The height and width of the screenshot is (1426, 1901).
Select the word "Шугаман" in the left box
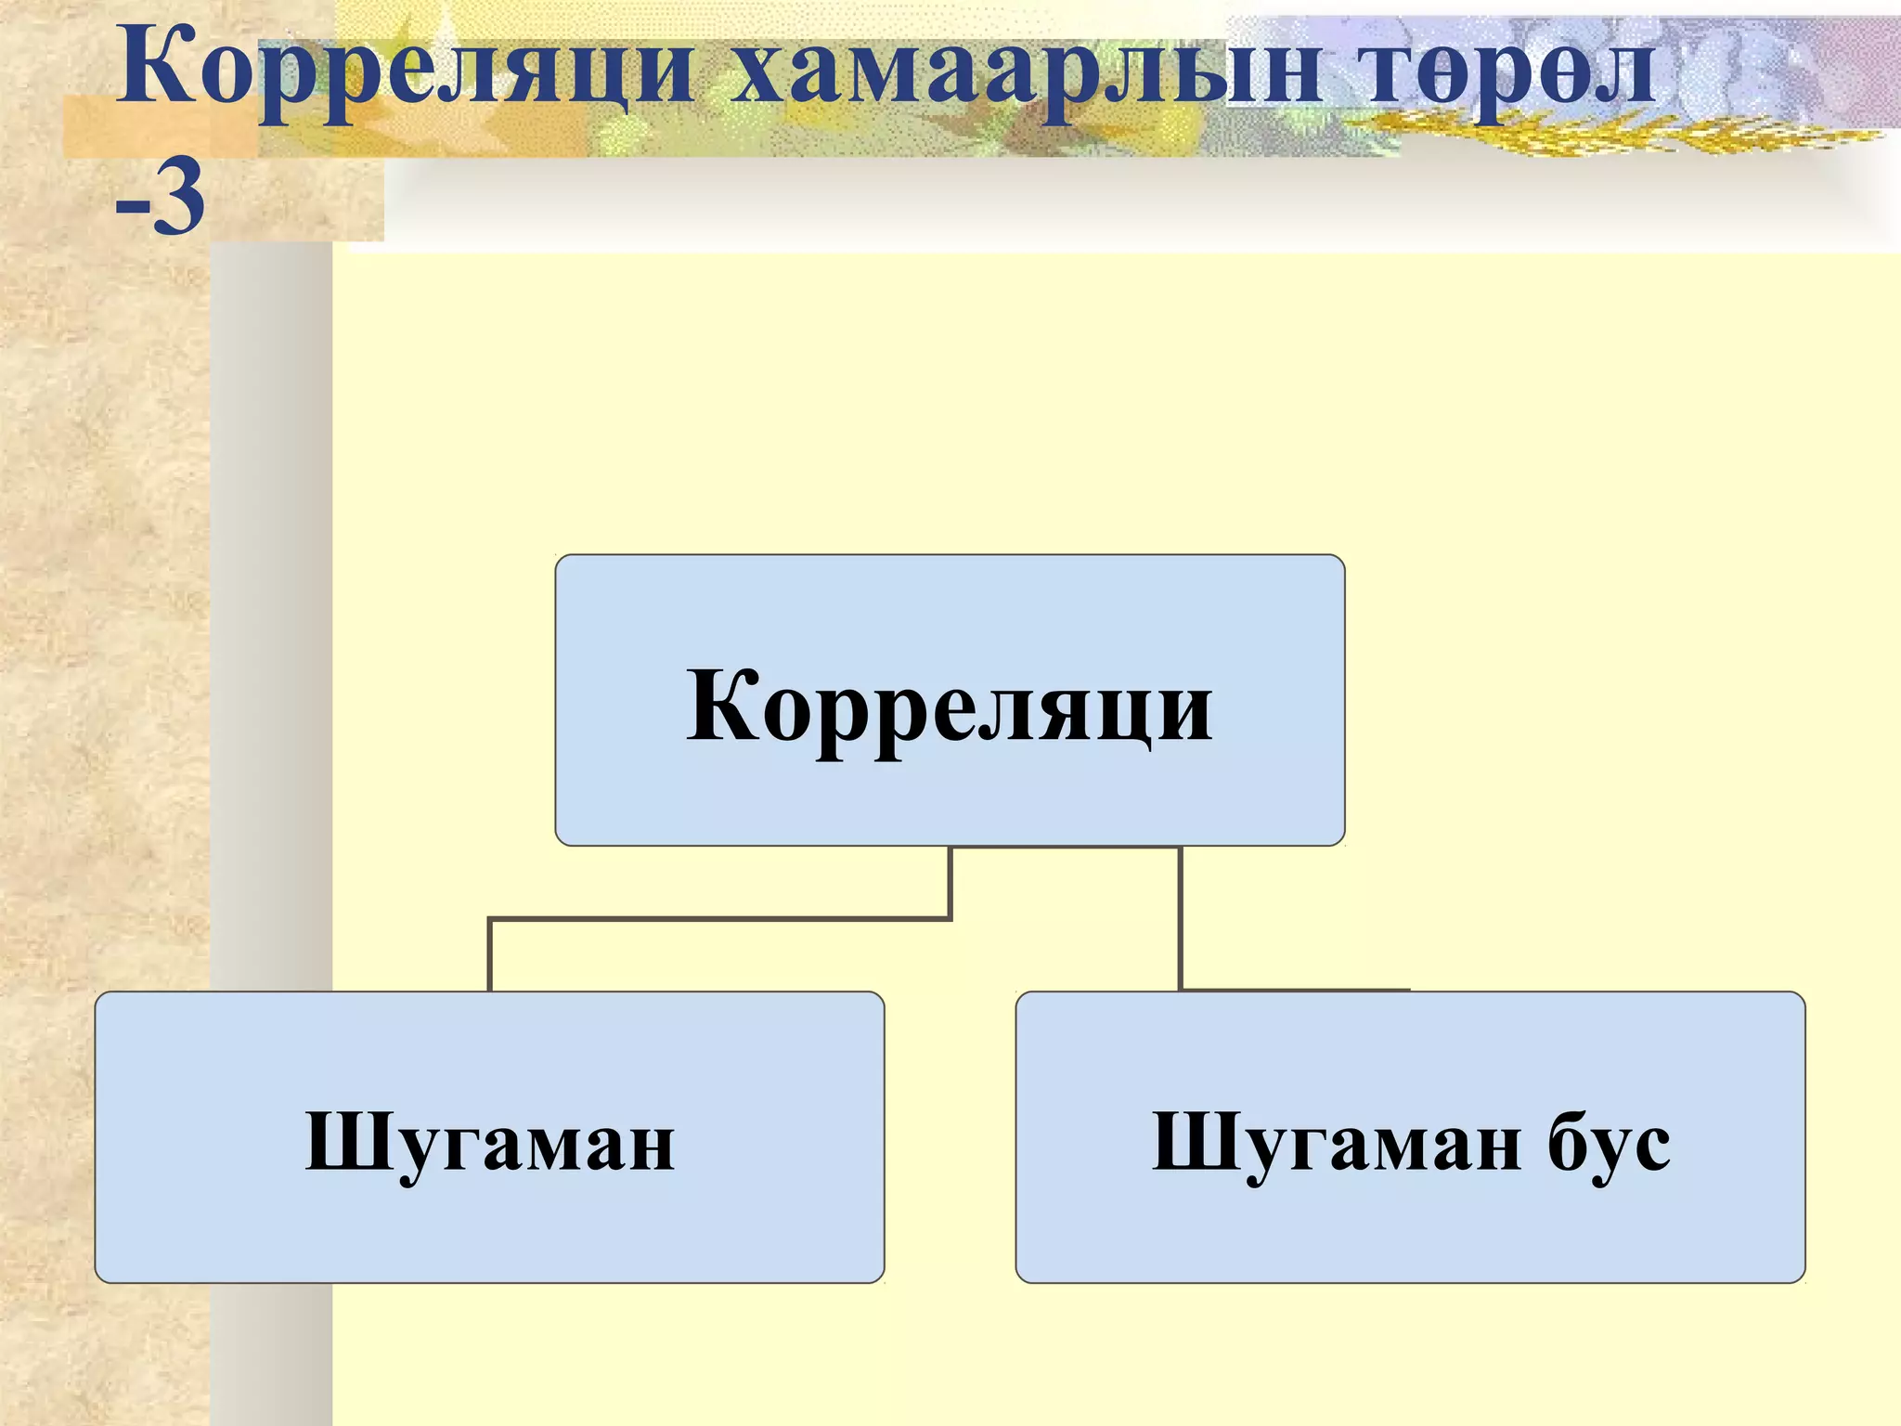[489, 1143]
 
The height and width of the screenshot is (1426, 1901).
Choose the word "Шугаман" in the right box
[1336, 1143]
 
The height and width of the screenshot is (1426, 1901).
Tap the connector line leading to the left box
[719, 919]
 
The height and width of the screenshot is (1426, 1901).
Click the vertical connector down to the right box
[1180, 919]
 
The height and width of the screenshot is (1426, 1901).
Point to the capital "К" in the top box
[720, 706]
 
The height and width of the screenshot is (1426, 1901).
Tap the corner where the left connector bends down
[490, 920]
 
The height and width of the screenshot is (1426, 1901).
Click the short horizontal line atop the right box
[1295, 990]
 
